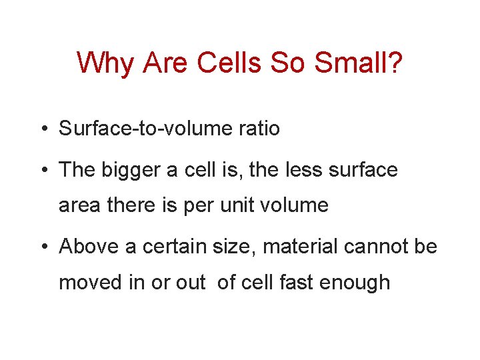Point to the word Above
pos(89,247)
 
